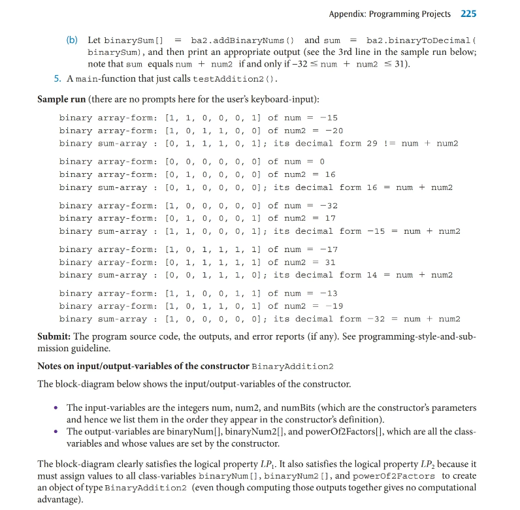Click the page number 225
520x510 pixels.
point(468,14)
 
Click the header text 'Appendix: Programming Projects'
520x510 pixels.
point(389,14)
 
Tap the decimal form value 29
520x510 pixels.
point(372,143)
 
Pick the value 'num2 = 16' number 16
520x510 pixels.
point(330,174)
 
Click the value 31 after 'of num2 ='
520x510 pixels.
point(330,262)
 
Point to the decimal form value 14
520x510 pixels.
point(372,275)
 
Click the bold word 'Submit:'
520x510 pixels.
point(54,336)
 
